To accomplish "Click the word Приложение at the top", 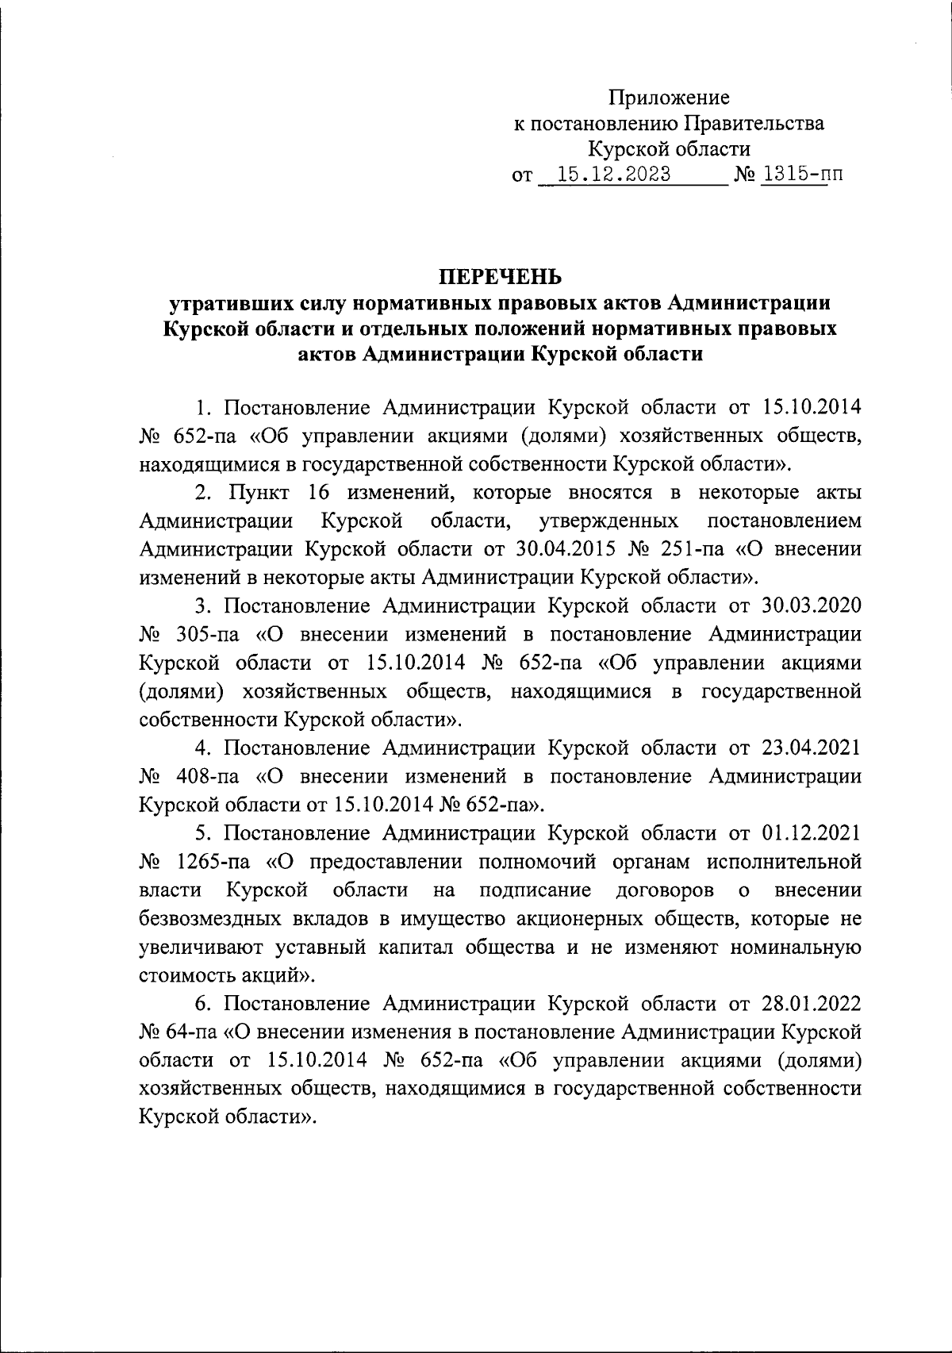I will [668, 98].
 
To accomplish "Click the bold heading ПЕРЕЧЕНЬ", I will [500, 277].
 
